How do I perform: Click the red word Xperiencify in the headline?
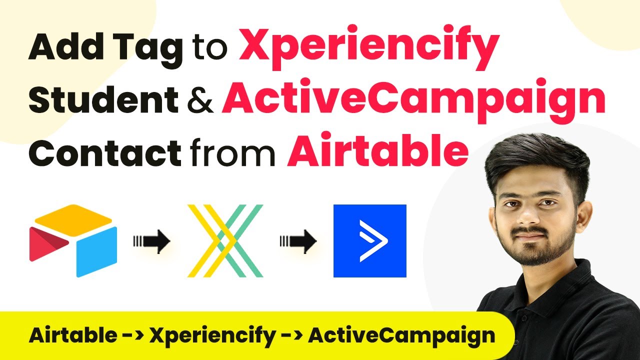[369, 47]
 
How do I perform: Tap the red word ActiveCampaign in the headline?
[413, 100]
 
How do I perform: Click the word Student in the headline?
[103, 98]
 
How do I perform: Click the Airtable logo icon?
[73, 241]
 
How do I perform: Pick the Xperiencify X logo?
[225, 241]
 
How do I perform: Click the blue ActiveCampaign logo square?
[369, 241]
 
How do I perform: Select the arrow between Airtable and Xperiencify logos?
[151, 241]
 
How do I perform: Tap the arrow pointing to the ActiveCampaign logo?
[298, 241]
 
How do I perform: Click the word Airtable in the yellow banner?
[73, 335]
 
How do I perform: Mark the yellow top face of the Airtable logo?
[73, 220]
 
